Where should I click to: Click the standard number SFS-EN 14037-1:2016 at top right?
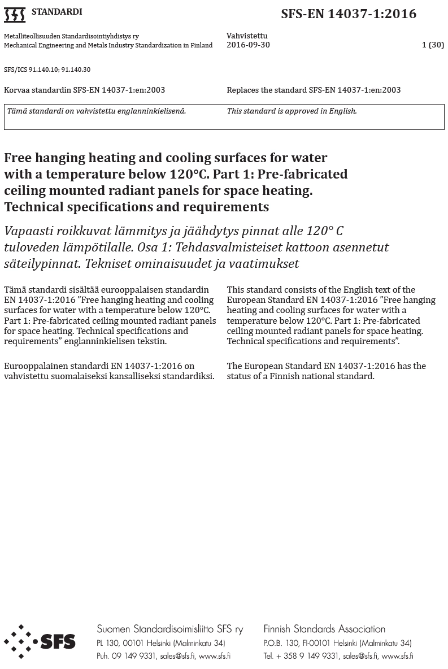pos(349,14)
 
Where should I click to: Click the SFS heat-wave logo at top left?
pos(15,15)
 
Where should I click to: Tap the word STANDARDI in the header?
pos(56,12)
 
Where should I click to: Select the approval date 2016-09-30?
pos(248,45)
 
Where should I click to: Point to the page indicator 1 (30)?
pos(433,45)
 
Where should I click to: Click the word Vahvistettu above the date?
pos(247,36)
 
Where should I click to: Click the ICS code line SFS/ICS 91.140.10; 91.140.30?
pos(47,69)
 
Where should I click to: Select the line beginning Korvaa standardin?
pos(85,90)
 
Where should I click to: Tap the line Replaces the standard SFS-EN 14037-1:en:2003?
pos(314,90)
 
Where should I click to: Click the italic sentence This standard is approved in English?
pos(292,111)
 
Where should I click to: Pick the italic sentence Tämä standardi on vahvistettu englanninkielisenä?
pos(96,111)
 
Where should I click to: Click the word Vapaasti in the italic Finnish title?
pos(28,231)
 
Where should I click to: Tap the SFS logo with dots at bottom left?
pos(40,642)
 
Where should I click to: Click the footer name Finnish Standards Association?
pos(324,629)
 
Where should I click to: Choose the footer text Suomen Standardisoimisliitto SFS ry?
pos(169,629)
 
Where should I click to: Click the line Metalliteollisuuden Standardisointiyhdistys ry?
pos(71,36)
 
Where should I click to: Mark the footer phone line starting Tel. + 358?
pos(338,656)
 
